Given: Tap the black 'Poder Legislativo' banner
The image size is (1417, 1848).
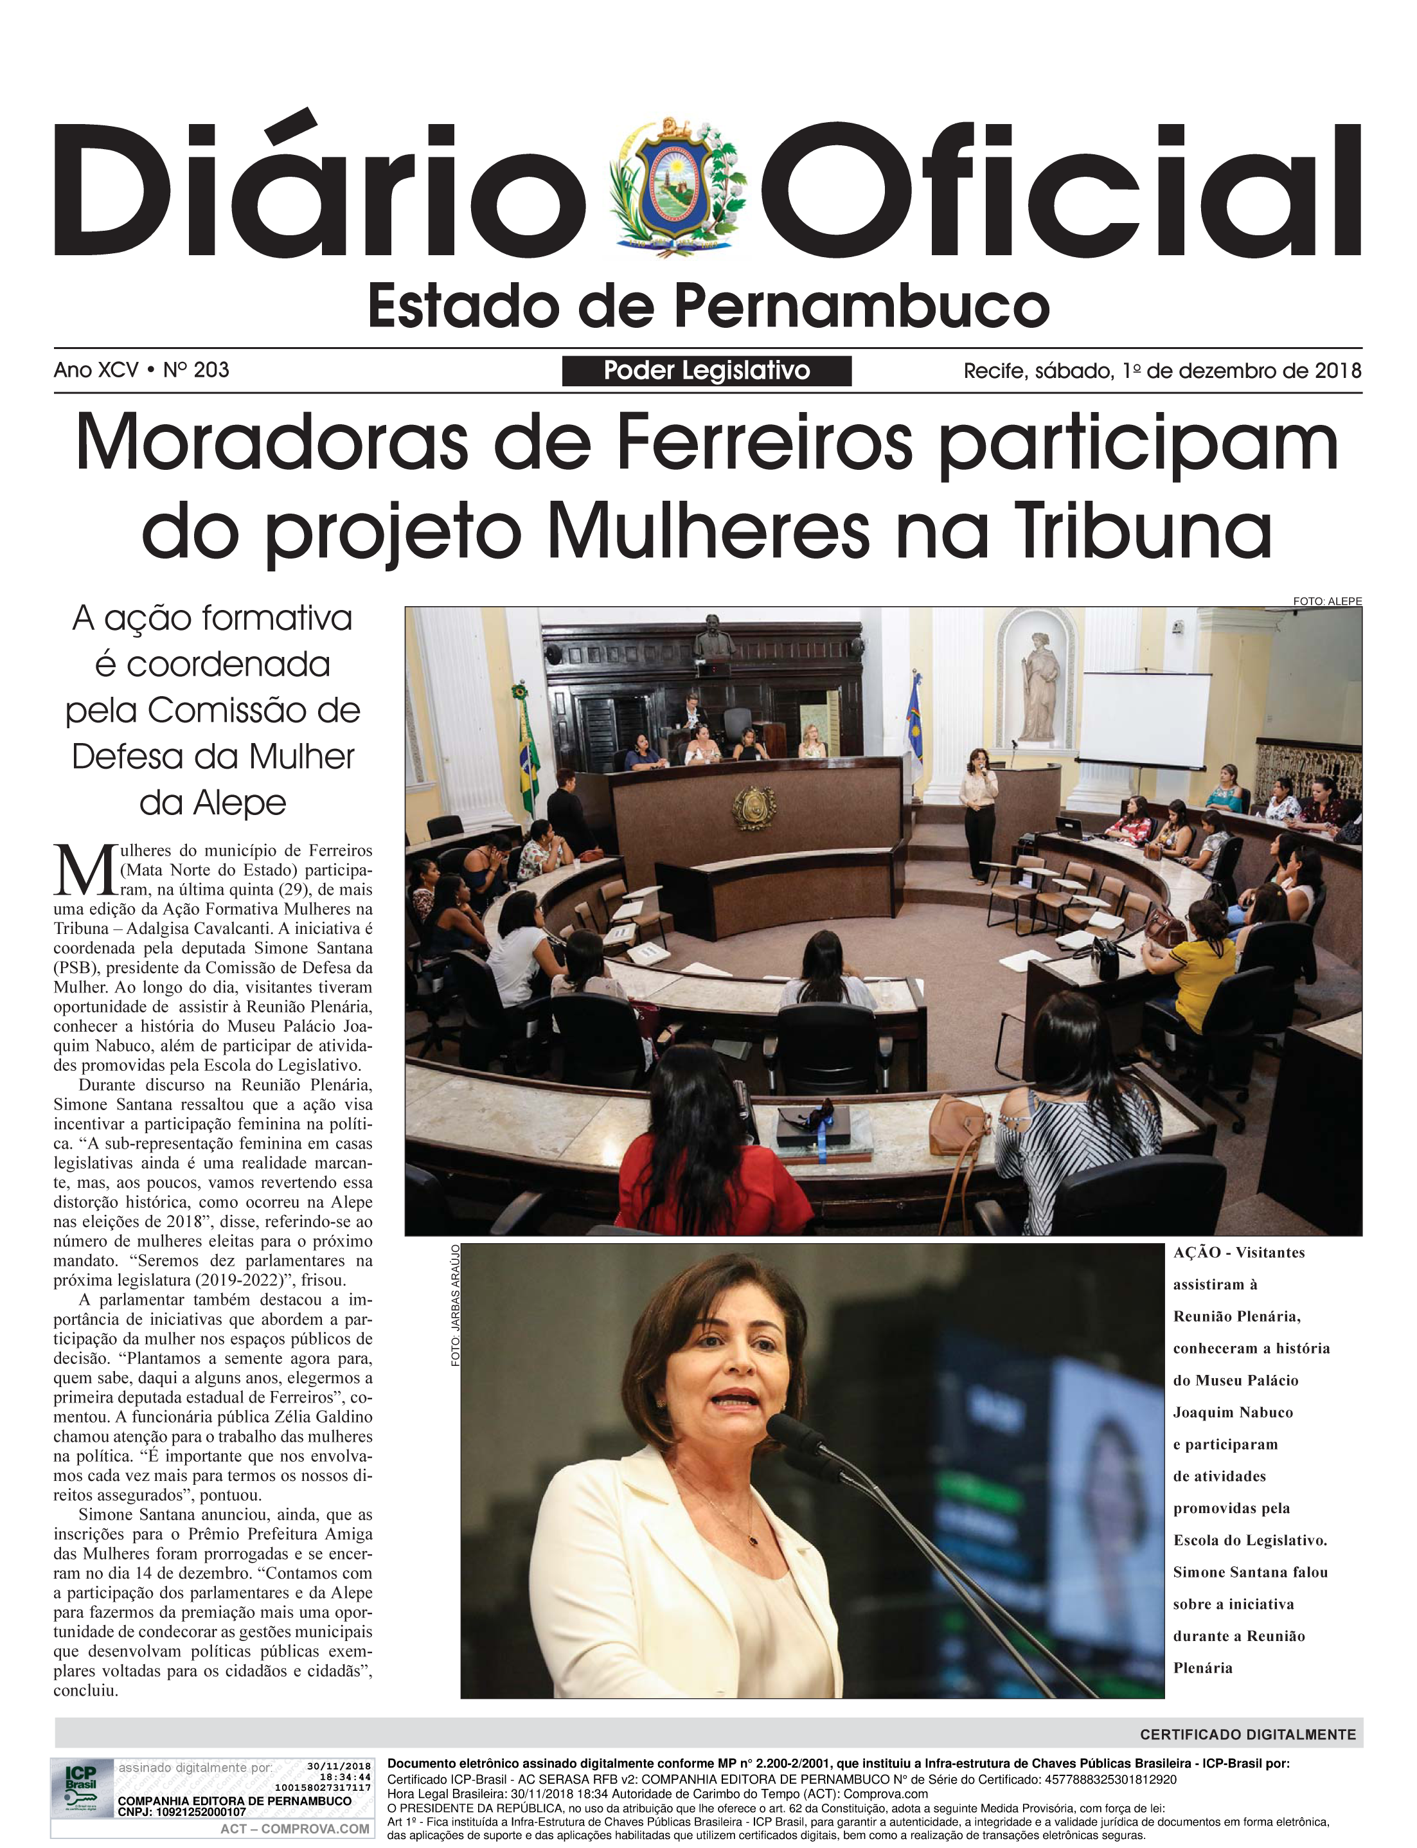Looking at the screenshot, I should [707, 371].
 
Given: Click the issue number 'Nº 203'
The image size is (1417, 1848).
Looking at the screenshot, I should [197, 370].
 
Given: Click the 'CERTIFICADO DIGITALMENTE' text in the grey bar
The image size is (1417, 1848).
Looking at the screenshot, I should [1247, 1735].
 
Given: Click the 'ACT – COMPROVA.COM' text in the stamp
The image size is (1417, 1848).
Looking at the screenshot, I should [294, 1829].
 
